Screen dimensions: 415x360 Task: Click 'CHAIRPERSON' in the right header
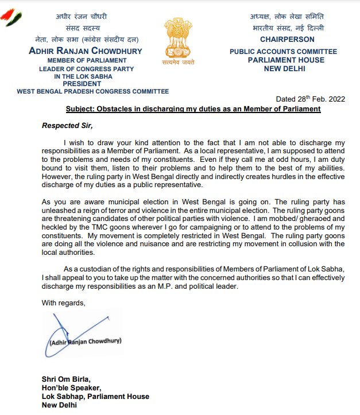pos(287,40)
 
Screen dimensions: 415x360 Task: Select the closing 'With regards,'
pos(63,302)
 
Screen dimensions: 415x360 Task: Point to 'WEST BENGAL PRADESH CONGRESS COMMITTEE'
pos(92,91)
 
